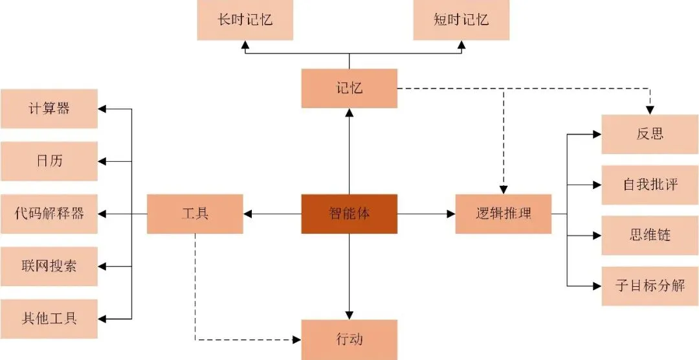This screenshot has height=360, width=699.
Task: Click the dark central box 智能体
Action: (x=349, y=214)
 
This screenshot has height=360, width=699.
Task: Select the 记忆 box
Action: (x=349, y=88)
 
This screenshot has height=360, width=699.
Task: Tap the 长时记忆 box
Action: (x=245, y=20)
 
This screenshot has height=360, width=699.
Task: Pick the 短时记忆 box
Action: (x=461, y=20)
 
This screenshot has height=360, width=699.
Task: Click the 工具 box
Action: (x=195, y=214)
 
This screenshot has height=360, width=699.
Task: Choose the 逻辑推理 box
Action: (x=503, y=214)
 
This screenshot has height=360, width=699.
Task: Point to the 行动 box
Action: (x=349, y=339)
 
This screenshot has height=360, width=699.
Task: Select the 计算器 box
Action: (x=49, y=108)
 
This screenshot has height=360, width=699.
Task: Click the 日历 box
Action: (x=49, y=161)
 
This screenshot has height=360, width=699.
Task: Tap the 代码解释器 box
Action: (x=49, y=214)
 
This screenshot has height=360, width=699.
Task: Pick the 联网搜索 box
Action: (x=49, y=266)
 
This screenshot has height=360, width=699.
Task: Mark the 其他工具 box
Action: (x=49, y=319)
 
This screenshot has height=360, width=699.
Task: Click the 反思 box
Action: (x=650, y=134)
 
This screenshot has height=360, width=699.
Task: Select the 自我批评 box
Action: (x=650, y=185)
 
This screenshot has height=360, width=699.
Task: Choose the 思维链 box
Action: (x=650, y=235)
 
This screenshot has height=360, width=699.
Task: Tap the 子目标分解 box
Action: (x=650, y=286)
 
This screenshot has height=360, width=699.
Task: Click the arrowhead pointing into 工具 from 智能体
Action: (x=248, y=214)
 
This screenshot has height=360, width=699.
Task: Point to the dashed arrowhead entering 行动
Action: (x=297, y=339)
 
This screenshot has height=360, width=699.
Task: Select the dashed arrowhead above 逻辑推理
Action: (x=503, y=190)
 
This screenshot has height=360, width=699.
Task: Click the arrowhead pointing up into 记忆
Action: (x=349, y=113)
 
